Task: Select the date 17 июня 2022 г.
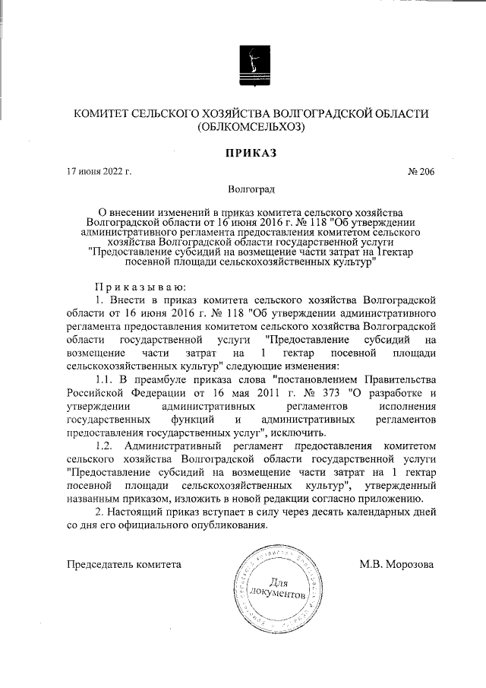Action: pos(99,172)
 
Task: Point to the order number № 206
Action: pos(421,172)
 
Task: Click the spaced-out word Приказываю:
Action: pos(135,287)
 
